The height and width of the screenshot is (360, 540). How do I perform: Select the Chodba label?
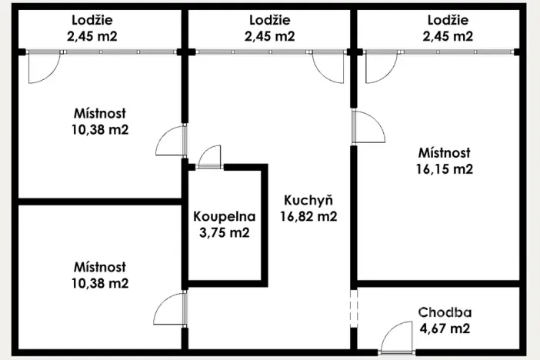[x=445, y=312]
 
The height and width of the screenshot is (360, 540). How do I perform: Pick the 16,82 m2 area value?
[x=308, y=216]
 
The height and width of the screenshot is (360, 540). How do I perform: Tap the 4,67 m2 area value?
[x=445, y=329]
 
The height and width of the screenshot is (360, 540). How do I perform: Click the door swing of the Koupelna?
[x=208, y=157]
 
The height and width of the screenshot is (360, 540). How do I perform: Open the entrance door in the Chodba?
[x=398, y=338]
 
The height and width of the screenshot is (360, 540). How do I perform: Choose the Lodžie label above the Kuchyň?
[x=270, y=19]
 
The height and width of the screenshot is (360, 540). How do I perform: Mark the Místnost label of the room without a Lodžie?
[x=100, y=266]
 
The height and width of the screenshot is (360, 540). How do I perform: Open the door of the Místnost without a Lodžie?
[x=170, y=310]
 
